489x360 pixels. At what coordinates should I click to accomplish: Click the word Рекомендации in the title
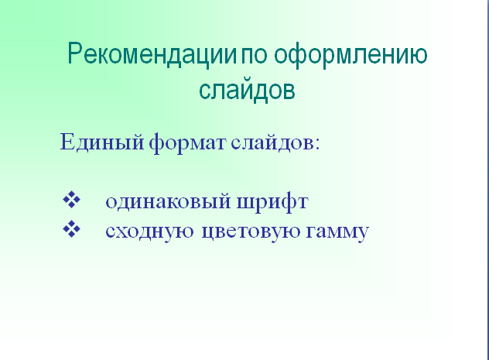coord(152,55)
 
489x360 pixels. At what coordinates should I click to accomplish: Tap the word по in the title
coord(254,56)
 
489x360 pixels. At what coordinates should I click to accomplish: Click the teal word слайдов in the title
coord(247,90)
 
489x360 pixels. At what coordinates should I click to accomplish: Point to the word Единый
coord(102,142)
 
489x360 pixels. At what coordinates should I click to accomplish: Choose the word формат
coord(187,143)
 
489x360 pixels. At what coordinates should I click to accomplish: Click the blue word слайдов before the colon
coord(272,143)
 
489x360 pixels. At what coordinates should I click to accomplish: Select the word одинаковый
coord(169,201)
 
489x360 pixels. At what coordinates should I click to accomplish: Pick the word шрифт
coord(272,202)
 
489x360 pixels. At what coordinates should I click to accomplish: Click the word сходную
coord(149,231)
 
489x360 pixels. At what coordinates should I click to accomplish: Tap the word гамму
coord(337,232)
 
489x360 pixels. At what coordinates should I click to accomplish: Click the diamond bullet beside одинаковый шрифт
coord(71,199)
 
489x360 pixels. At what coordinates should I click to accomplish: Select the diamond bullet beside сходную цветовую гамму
coord(71,228)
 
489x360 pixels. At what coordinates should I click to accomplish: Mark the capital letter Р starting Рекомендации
coord(75,53)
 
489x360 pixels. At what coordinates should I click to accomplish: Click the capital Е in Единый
coord(67,142)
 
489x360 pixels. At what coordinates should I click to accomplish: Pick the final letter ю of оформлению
coord(417,56)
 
